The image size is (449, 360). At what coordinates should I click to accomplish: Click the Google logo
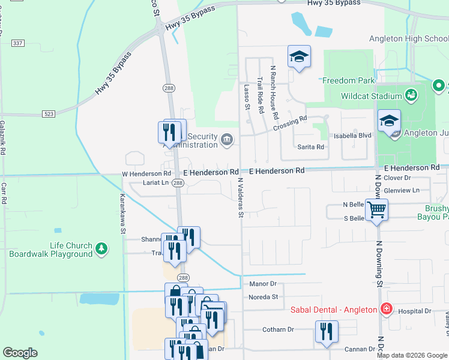tap(20, 353)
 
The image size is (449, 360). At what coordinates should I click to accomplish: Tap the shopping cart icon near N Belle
tap(376, 210)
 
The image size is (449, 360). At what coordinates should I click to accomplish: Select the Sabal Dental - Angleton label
tap(333, 310)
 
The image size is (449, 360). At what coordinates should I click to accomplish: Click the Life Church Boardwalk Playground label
tap(50, 250)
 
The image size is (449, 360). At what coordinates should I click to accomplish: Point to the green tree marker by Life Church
tap(102, 248)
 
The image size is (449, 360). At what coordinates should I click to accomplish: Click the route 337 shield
tap(18, 43)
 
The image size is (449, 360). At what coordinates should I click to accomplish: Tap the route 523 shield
tap(49, 113)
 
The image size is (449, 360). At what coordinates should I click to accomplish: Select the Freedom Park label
tap(348, 80)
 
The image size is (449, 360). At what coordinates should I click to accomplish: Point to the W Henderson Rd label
tap(142, 173)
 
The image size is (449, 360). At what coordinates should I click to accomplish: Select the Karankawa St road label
tap(122, 213)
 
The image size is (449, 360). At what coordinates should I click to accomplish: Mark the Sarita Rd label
tap(311, 146)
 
